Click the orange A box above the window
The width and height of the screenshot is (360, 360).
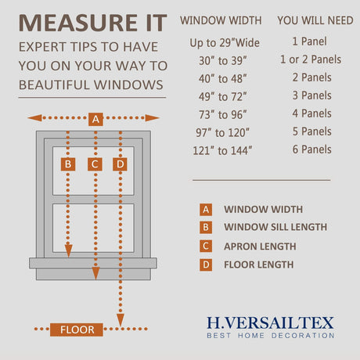click(x=95, y=119)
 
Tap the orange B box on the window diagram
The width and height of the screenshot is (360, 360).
click(x=68, y=164)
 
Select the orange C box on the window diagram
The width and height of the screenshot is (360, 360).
click(x=95, y=164)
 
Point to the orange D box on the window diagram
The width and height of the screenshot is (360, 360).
click(x=120, y=164)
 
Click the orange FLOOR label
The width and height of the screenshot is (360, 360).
click(x=77, y=329)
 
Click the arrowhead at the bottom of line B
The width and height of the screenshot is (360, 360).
click(x=69, y=251)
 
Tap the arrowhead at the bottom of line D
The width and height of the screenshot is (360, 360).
click(x=121, y=320)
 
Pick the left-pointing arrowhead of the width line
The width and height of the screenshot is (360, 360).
click(x=34, y=118)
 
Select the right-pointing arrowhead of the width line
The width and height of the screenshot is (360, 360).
click(x=153, y=118)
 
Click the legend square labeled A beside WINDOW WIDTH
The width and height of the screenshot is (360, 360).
click(x=206, y=210)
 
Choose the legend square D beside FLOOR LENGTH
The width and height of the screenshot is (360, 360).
click(x=206, y=265)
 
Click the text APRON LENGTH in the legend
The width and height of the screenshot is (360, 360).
click(x=260, y=247)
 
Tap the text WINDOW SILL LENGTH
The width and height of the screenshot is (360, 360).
click(x=275, y=227)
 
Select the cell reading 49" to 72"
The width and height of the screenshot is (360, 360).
click(x=222, y=97)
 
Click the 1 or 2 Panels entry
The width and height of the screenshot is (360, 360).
click(x=311, y=59)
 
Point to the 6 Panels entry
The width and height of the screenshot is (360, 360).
click(x=312, y=149)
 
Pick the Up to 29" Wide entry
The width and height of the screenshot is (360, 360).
click(x=225, y=43)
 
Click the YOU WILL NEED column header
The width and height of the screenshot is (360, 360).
click(x=315, y=20)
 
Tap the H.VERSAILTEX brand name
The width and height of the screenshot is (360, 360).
click(x=270, y=322)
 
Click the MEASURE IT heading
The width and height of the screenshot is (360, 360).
click(x=93, y=23)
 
